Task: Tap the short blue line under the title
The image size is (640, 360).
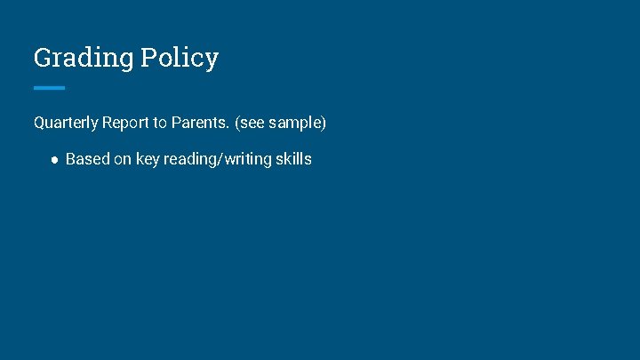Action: click(x=49, y=88)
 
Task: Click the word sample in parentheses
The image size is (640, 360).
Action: click(x=294, y=123)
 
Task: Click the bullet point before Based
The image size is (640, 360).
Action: click(x=54, y=161)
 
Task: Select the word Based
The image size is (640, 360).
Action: click(x=88, y=160)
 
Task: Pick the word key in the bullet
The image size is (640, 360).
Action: click(x=148, y=160)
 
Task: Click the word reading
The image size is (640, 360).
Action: click(x=191, y=160)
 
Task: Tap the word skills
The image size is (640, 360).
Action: click(x=294, y=160)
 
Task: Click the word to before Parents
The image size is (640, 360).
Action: click(x=161, y=123)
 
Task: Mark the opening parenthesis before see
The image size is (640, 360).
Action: click(x=237, y=123)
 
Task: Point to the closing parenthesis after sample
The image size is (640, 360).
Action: click(x=324, y=123)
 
